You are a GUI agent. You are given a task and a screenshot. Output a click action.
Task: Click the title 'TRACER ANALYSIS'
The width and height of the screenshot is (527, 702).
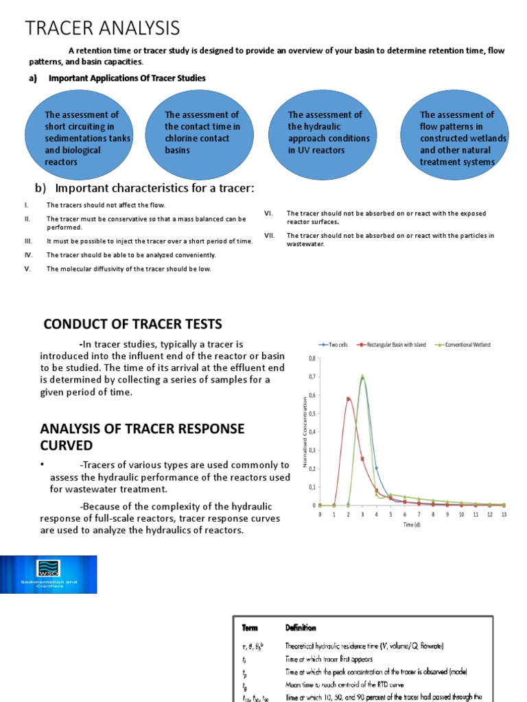pos(103,28)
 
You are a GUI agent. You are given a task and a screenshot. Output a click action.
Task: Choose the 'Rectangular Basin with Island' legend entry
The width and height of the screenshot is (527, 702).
pos(391,344)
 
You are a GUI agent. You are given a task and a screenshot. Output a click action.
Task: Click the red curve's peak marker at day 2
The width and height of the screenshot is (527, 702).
pos(348,398)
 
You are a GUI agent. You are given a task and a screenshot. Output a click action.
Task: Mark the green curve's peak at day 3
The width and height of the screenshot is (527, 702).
pos(362,376)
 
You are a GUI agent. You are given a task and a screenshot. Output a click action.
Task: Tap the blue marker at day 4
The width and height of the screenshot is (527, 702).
pos(376,468)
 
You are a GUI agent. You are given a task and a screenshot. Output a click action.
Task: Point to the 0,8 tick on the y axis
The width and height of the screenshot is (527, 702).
pos(312,358)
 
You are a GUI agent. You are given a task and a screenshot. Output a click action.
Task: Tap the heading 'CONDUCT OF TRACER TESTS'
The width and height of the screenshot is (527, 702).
pos(132,324)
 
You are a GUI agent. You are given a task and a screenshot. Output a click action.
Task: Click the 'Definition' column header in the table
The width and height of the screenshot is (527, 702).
pos(301,627)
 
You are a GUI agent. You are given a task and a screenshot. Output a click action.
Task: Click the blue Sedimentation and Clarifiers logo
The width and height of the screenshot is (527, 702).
pos(48,574)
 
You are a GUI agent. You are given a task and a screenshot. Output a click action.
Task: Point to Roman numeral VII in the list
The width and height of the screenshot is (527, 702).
pos(269,236)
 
